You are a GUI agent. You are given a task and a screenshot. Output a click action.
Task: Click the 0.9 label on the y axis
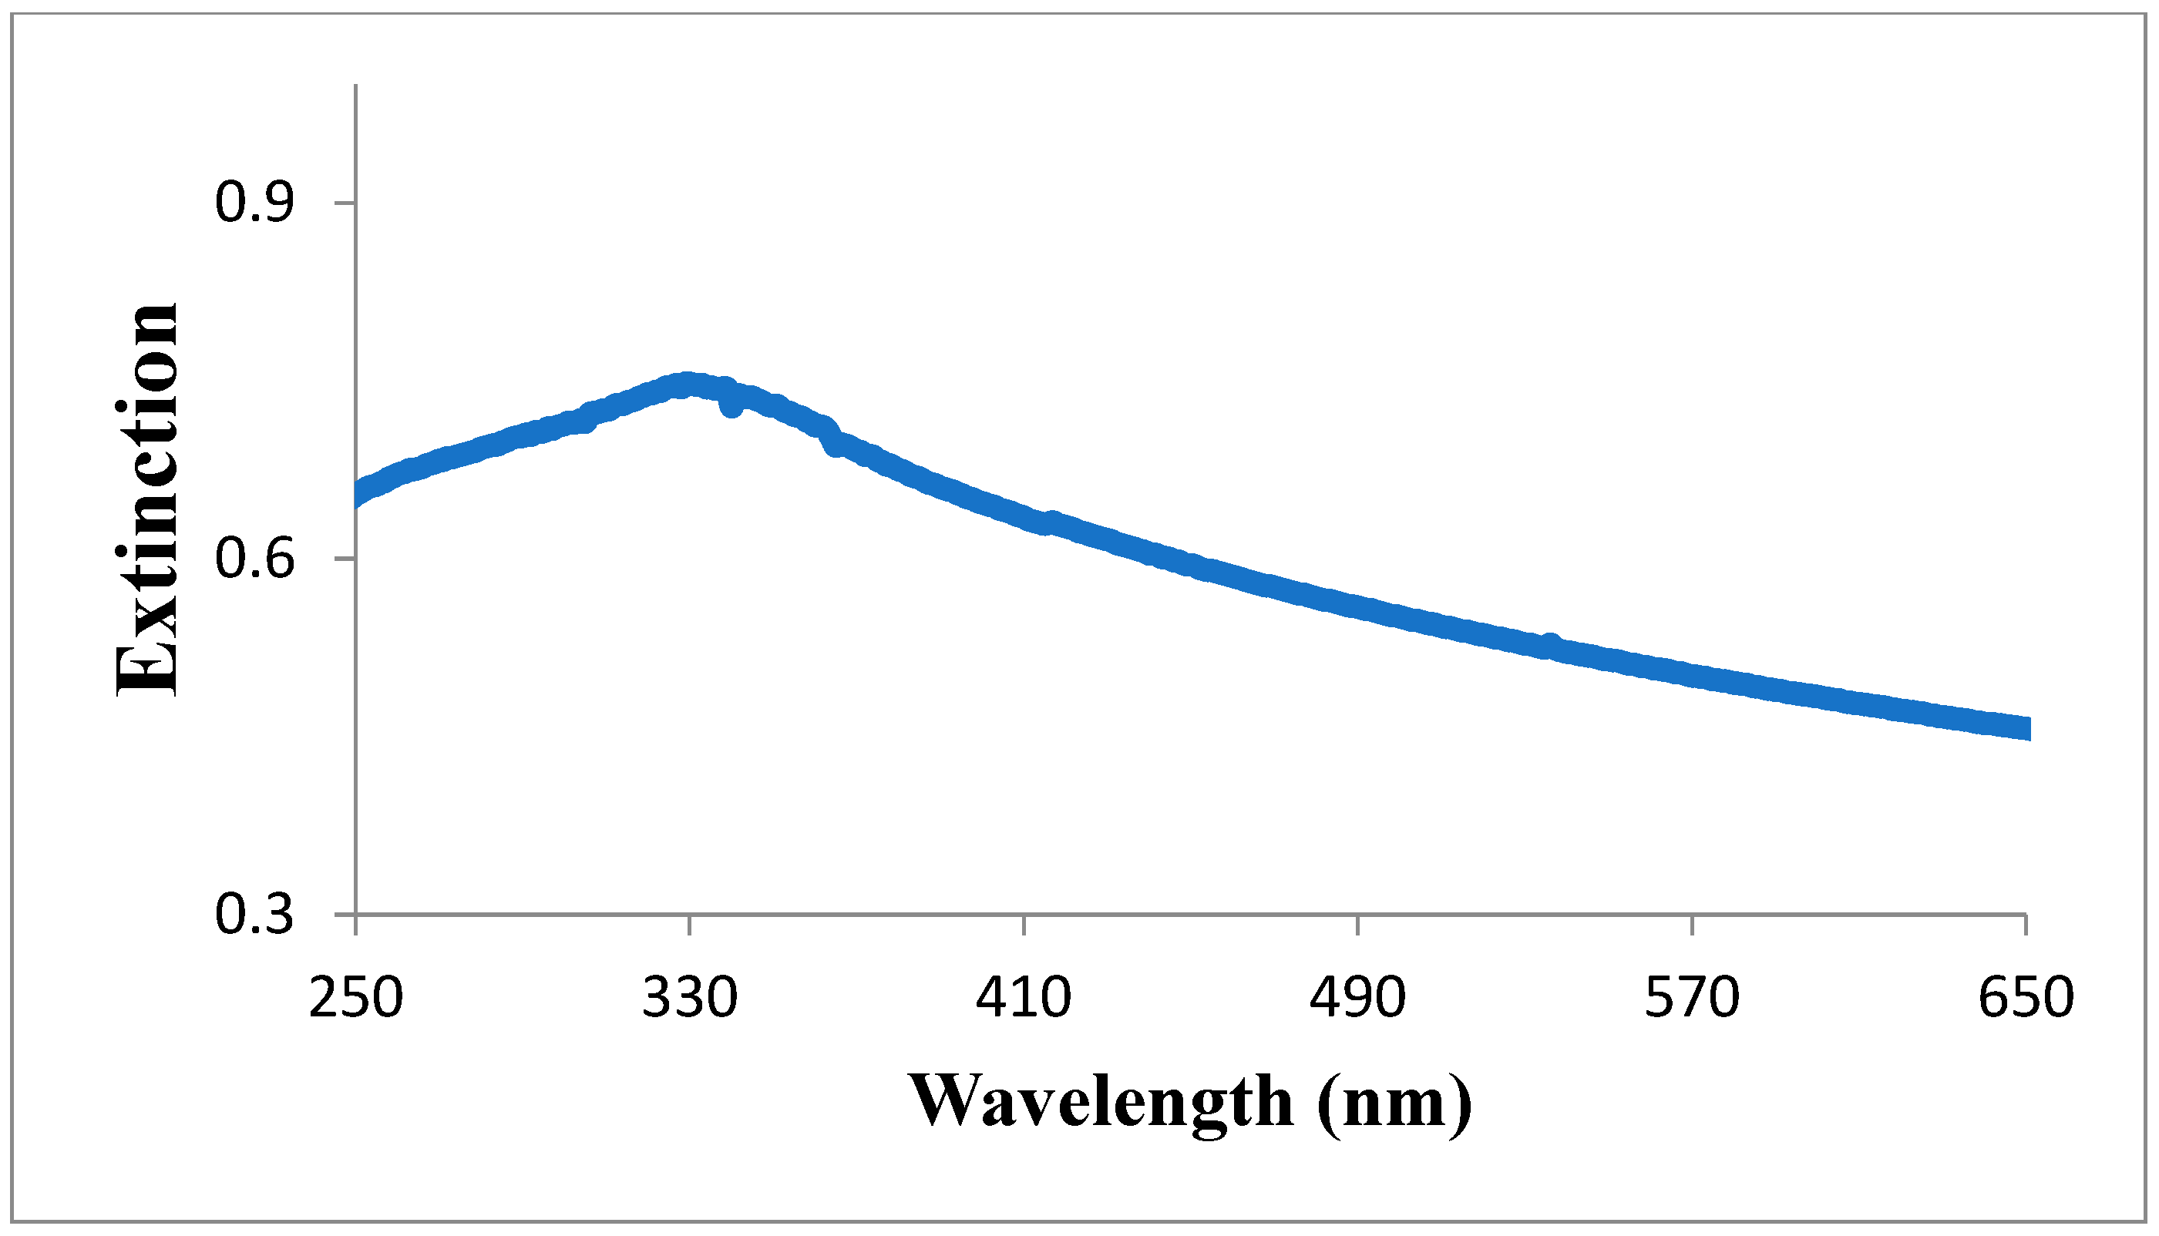(x=254, y=203)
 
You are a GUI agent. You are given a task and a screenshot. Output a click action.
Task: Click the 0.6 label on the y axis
(x=254, y=559)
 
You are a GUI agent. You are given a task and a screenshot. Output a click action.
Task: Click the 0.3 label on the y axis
(x=254, y=915)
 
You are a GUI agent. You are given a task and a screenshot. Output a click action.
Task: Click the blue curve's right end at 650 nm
(x=2024, y=728)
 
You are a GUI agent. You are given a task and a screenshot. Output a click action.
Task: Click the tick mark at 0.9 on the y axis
(x=345, y=203)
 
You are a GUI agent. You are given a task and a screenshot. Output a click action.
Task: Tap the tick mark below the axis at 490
(x=1357, y=925)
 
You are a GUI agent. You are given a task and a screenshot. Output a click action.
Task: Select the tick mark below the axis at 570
(x=1692, y=925)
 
